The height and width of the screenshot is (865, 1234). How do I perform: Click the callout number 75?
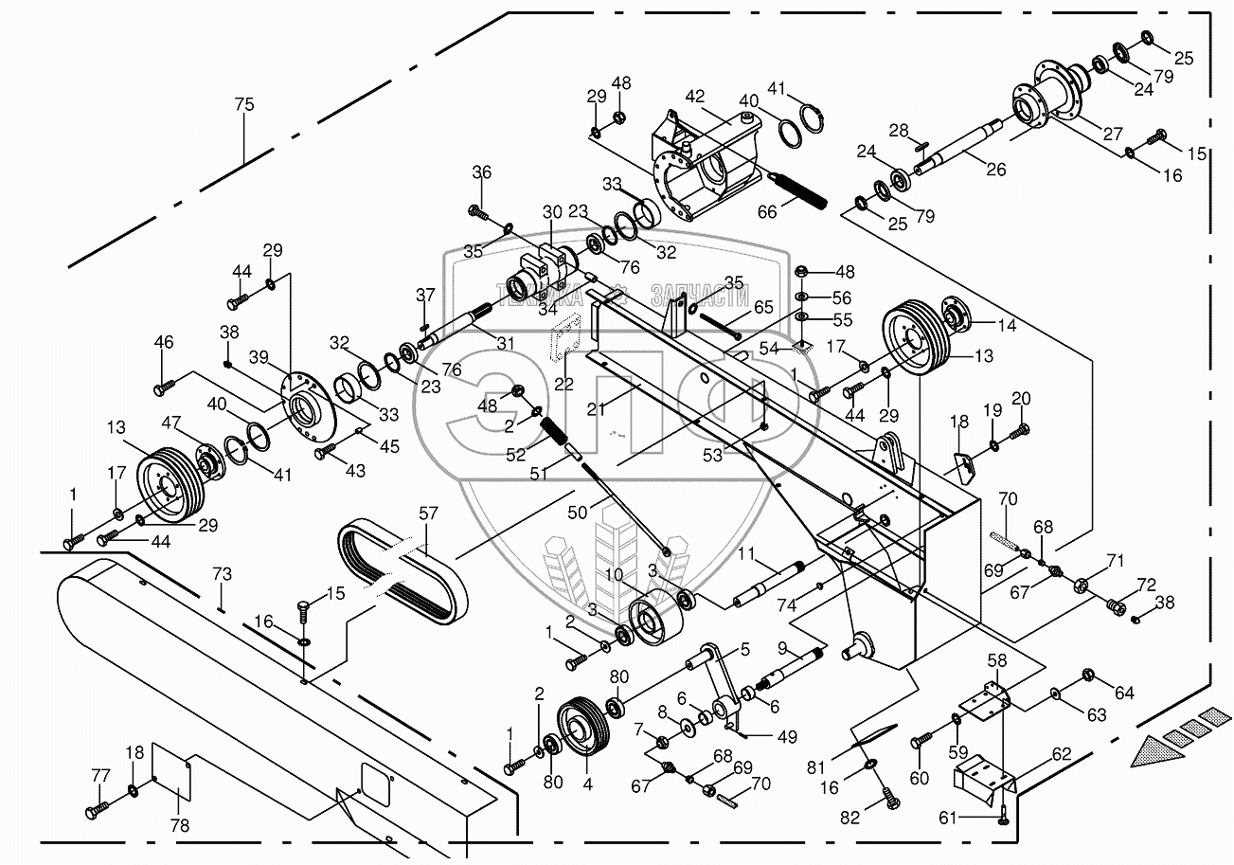[244, 105]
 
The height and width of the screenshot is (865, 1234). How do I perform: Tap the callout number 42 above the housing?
[696, 97]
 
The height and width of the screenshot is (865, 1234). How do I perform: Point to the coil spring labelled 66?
[797, 192]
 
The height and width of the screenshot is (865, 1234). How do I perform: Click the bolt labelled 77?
[96, 811]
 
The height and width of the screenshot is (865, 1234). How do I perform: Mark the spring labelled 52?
[559, 437]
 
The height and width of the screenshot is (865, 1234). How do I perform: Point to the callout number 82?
[850, 818]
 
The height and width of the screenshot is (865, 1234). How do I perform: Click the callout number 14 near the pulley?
[1006, 325]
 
